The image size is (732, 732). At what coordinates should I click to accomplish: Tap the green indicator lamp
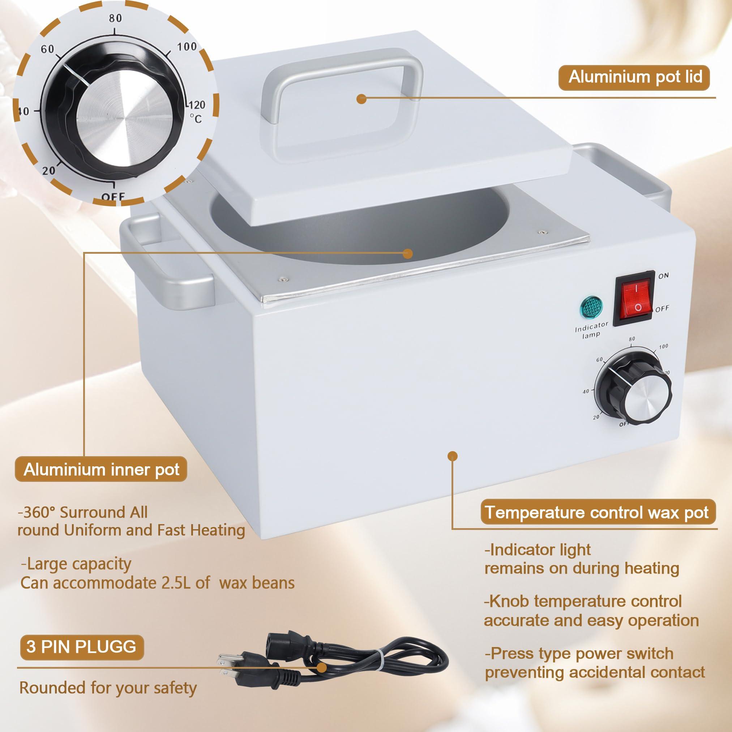point(591,307)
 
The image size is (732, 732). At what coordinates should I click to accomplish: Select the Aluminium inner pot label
point(101,470)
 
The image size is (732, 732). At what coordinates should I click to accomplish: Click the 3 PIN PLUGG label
point(81,646)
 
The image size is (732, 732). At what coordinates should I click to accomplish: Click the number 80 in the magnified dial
point(115,18)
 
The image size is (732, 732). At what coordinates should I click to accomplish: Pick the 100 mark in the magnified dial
point(187,47)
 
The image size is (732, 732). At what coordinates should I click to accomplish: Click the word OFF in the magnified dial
point(113,196)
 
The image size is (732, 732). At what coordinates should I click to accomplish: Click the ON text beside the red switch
point(663,275)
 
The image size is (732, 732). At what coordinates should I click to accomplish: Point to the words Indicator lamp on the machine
point(591,330)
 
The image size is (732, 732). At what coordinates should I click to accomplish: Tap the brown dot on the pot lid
point(362,99)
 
